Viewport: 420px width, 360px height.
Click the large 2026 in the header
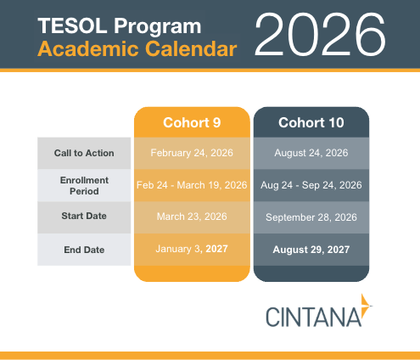(320, 35)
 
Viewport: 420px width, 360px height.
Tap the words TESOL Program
(120, 26)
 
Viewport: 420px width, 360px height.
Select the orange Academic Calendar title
(137, 49)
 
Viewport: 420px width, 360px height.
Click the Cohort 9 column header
(192, 122)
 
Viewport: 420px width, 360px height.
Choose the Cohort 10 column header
(311, 122)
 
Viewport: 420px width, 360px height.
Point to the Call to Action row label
(84, 153)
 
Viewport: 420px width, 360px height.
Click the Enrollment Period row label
(84, 186)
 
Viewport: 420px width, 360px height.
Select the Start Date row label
(84, 216)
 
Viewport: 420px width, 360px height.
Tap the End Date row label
(84, 250)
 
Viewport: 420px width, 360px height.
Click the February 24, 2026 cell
(192, 153)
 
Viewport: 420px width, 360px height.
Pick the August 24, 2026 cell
(311, 153)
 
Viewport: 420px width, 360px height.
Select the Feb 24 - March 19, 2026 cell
(192, 185)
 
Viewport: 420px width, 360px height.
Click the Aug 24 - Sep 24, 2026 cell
(311, 185)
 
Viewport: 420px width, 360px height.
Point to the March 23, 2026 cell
(192, 217)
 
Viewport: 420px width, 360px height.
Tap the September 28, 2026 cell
(311, 217)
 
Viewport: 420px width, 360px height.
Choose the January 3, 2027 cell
(192, 249)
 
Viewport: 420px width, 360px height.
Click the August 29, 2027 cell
(311, 250)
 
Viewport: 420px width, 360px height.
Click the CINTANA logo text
(313, 318)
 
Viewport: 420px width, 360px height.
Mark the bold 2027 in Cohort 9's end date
(216, 249)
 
